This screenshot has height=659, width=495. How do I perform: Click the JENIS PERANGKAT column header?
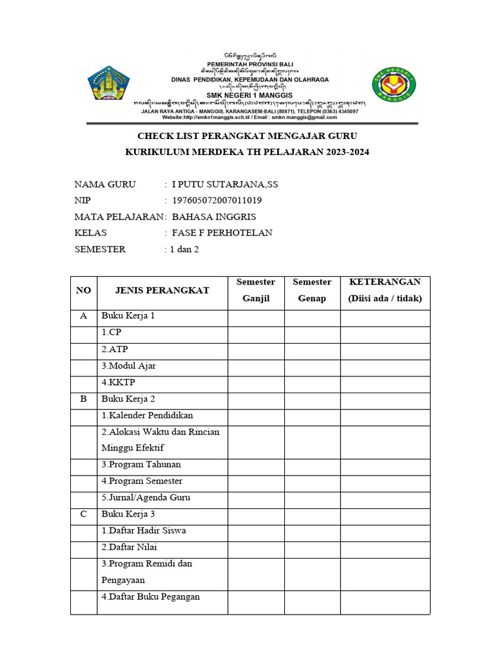(x=162, y=290)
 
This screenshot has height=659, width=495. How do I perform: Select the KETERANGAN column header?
(x=385, y=290)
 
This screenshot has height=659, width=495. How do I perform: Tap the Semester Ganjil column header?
(x=256, y=290)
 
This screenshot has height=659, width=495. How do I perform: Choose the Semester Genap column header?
(x=312, y=290)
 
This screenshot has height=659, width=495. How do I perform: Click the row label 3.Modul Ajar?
(x=128, y=366)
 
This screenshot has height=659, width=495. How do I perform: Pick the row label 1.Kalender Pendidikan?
(x=147, y=415)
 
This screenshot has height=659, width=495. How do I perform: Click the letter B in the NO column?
(x=83, y=399)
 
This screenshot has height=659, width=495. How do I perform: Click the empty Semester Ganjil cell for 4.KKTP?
(x=256, y=382)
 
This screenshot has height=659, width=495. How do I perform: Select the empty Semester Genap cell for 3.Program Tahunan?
(x=312, y=465)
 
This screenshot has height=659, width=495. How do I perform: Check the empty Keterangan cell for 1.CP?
(x=385, y=333)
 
